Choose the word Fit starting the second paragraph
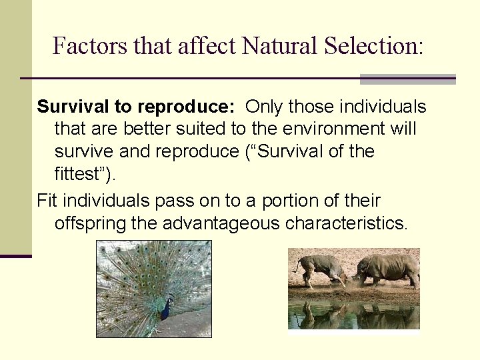click(x=47, y=201)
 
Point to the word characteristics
click(x=345, y=223)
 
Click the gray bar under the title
click(x=407, y=79)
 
